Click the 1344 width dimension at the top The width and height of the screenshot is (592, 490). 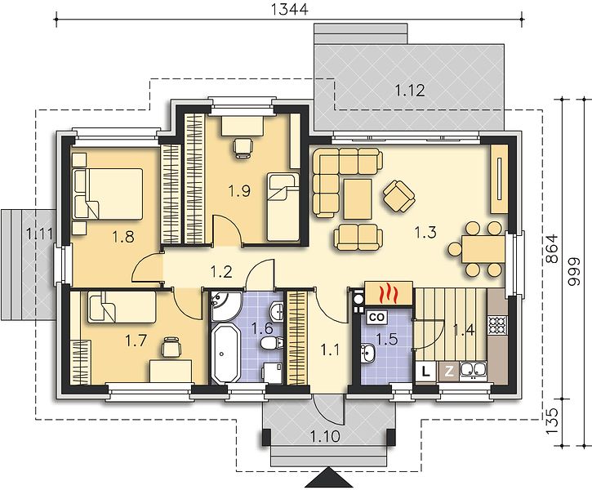(290, 9)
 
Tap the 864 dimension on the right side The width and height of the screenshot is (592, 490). (552, 249)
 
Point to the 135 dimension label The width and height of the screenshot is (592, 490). (552, 421)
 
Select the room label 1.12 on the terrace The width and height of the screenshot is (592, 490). (410, 90)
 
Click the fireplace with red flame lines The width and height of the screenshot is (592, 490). (389, 292)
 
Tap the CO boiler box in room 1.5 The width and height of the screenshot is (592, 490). (376, 317)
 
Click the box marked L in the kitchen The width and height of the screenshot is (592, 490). (426, 371)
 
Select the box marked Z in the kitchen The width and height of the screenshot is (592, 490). (449, 371)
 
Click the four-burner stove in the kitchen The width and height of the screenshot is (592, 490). (496, 325)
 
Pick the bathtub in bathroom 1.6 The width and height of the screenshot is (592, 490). (225, 354)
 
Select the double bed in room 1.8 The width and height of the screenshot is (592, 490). (107, 194)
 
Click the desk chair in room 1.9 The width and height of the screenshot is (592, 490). (243, 148)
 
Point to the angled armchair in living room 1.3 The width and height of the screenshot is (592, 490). (398, 196)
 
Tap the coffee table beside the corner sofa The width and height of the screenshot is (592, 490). (358, 199)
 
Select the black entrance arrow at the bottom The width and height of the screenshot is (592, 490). (329, 479)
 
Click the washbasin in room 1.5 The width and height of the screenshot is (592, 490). (367, 353)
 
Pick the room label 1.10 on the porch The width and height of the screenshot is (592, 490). (325, 437)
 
